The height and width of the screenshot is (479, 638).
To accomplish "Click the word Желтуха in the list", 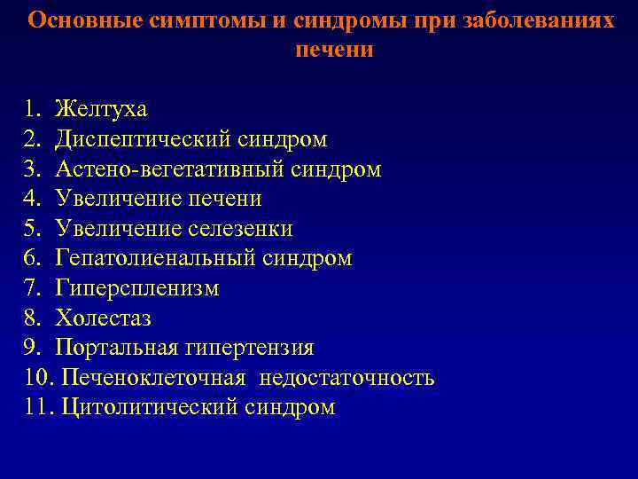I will pos(100,110).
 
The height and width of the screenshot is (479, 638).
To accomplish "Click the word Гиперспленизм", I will pos(136,289).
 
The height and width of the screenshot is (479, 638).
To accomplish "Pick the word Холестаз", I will pos(103,318).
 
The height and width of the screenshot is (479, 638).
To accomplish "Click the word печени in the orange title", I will pos(334,50).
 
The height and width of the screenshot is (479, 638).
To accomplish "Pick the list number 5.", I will pos(33,229).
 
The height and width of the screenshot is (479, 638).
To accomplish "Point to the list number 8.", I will pos(33,318).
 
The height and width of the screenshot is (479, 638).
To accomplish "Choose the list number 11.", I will pos(38,408).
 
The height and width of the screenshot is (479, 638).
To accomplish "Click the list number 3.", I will pos(33,169).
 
